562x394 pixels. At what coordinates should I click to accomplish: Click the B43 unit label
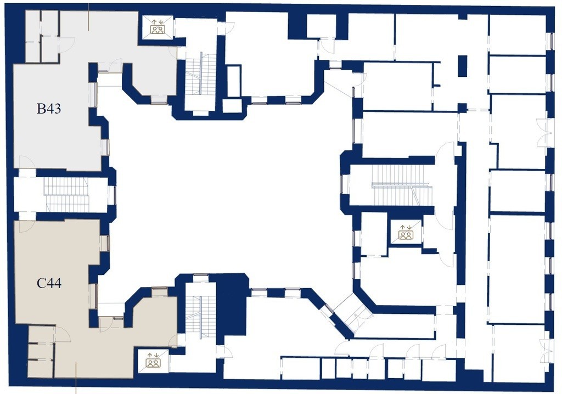pyautogui.click(x=49, y=109)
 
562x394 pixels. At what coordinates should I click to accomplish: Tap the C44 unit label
pyautogui.click(x=49, y=284)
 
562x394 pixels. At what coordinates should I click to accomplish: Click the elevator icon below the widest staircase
pyautogui.click(x=406, y=233)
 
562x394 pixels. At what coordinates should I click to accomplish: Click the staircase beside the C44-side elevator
pyautogui.click(x=199, y=318)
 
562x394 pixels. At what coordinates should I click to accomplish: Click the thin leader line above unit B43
pyautogui.click(x=88, y=16)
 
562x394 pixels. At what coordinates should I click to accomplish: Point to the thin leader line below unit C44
pyautogui.click(x=76, y=378)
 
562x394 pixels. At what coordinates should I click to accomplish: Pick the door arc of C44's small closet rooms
pyautogui.click(x=63, y=334)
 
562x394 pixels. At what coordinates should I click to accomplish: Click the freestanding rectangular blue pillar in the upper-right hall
pyautogui.click(x=463, y=66)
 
